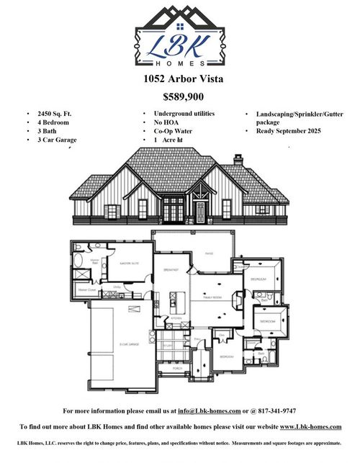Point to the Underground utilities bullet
184,114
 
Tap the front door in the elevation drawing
199,210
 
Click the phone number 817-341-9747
275,411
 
